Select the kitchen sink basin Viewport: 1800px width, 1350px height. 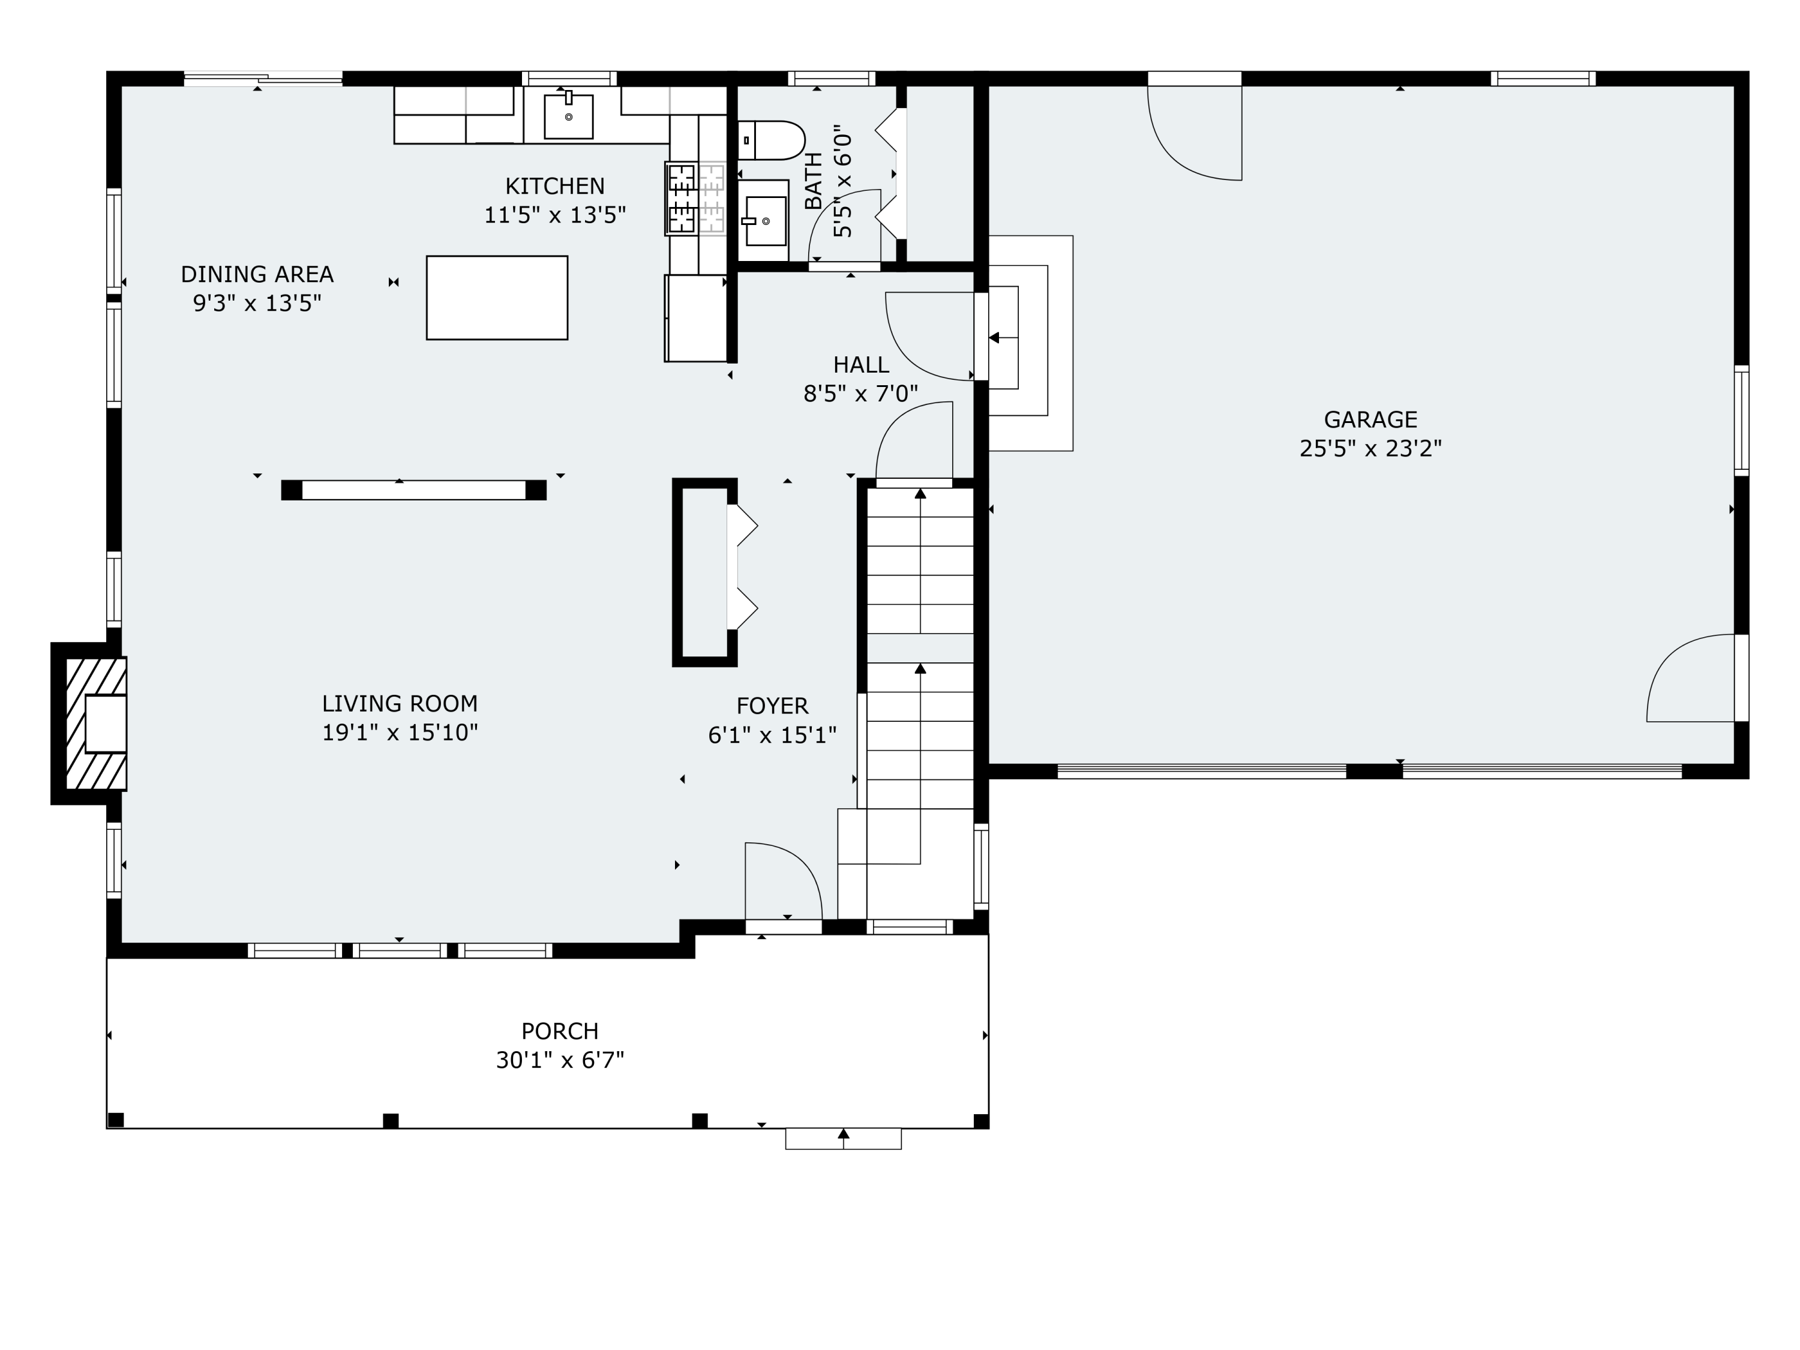[568, 116]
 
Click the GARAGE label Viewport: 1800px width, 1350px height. [1370, 420]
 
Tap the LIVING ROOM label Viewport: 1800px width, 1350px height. [400, 704]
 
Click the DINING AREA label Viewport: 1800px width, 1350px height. [257, 274]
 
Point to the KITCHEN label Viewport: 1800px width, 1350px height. [555, 187]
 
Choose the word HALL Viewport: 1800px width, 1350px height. [861, 365]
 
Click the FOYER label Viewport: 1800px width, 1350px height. [772, 706]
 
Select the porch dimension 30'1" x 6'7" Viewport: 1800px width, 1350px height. [560, 1060]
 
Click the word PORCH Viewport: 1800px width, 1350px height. [560, 1031]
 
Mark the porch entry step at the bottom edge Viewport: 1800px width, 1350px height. [843, 1138]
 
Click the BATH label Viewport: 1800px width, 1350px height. [813, 181]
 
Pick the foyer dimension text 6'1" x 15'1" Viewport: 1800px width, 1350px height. [772, 736]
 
